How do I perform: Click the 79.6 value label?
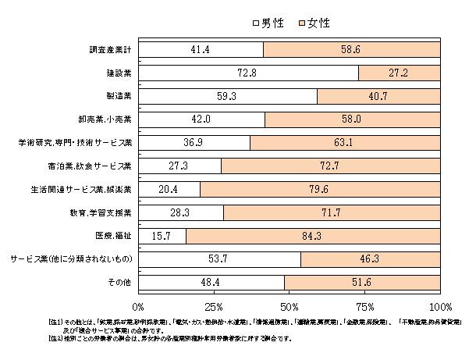(x=320, y=190)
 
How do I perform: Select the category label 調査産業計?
(x=110, y=50)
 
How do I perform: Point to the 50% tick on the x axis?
(x=290, y=306)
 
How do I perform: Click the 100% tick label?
(x=440, y=306)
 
